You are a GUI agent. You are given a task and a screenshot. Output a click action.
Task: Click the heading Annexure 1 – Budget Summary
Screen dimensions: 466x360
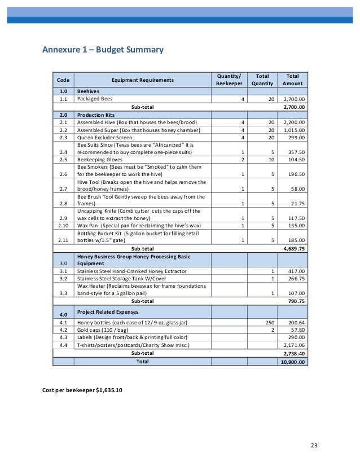pyautogui.click(x=103, y=50)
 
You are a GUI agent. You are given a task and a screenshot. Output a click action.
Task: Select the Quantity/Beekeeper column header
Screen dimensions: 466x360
pyautogui.click(x=228, y=80)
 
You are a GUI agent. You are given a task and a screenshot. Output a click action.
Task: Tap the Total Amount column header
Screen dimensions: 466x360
pyautogui.click(x=292, y=80)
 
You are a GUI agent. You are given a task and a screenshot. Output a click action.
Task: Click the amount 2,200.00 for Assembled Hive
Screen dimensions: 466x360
pyautogui.click(x=293, y=122)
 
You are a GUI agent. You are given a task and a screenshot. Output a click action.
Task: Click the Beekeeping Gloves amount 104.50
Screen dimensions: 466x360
pyautogui.click(x=296, y=160)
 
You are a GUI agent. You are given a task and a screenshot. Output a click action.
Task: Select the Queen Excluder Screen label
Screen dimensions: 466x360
pyautogui.click(x=105, y=137)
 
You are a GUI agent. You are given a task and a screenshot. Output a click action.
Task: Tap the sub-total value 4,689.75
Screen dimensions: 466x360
pyautogui.click(x=293, y=248)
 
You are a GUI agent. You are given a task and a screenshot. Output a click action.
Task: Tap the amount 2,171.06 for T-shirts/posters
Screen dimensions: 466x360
pyautogui.click(x=293, y=345)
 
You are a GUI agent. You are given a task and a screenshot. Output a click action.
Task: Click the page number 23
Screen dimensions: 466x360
pyautogui.click(x=314, y=446)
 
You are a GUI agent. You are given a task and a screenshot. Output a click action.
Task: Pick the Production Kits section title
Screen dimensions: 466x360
pyautogui.click(x=96, y=114)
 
